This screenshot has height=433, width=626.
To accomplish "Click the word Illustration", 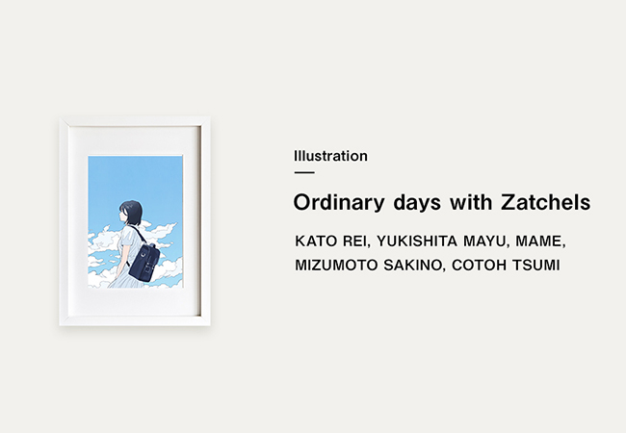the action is pyautogui.click(x=330, y=156).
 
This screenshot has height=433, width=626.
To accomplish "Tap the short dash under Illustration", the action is pyautogui.click(x=304, y=172).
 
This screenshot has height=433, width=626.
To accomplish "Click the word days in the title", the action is pyautogui.click(x=417, y=202).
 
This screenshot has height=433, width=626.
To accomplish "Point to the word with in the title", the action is pyautogui.click(x=471, y=202).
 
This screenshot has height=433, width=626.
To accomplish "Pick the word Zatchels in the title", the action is pyautogui.click(x=546, y=202).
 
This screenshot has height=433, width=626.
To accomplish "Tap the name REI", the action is pyautogui.click(x=355, y=242).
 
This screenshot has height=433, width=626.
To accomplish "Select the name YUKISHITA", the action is pyautogui.click(x=417, y=242).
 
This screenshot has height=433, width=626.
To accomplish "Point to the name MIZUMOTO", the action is pyautogui.click(x=336, y=266).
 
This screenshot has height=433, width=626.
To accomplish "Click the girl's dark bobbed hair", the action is pyautogui.click(x=132, y=212).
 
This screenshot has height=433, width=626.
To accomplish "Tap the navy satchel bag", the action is pyautogui.click(x=144, y=261).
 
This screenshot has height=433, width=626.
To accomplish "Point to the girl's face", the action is pyautogui.click(x=123, y=216).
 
